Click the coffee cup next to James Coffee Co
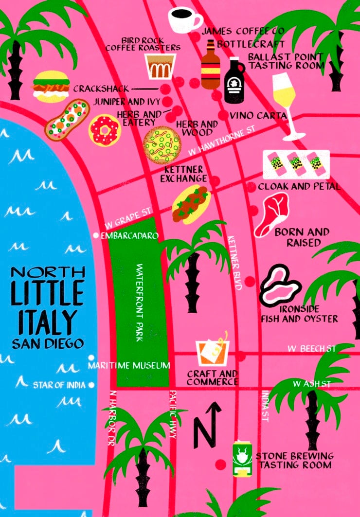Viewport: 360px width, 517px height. pos(184,19)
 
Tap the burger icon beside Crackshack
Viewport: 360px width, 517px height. pos(51,86)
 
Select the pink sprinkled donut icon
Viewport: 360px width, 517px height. pos(104,129)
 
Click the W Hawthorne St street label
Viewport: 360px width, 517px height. pos(221,142)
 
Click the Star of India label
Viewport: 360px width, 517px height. pos(59,385)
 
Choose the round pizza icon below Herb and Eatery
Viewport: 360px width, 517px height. pos(162,144)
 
